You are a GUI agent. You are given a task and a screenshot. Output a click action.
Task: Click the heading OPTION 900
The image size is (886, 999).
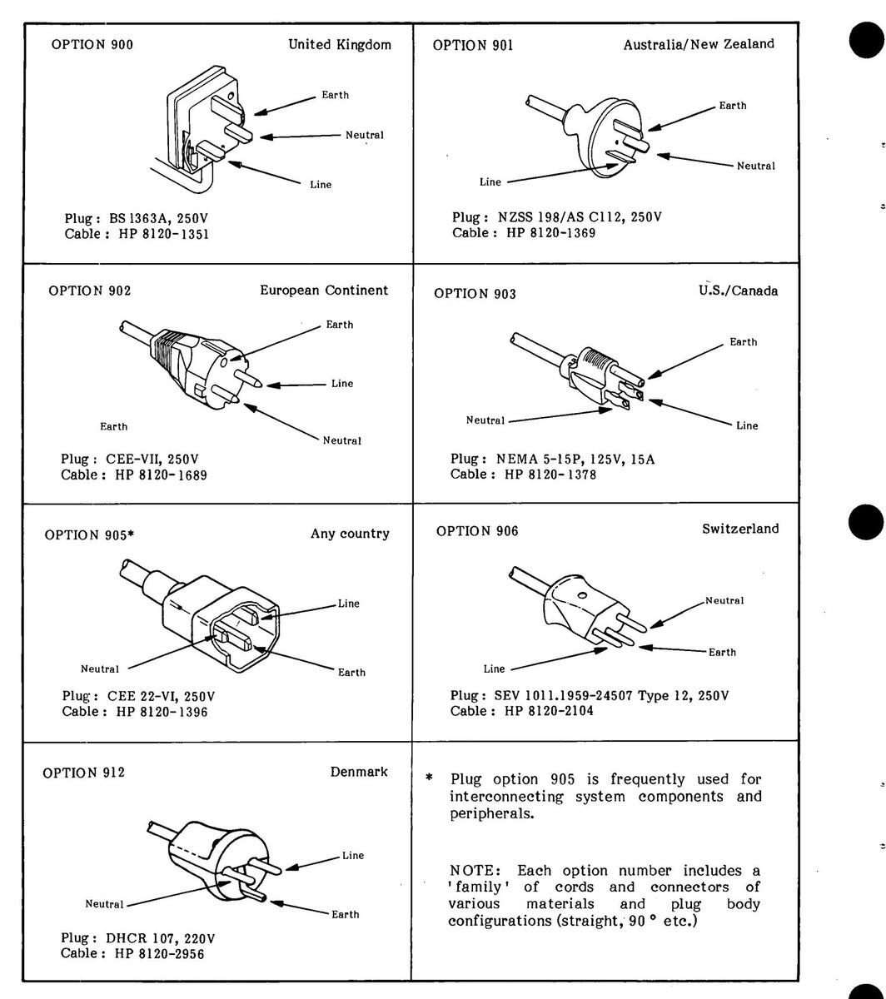click(92, 45)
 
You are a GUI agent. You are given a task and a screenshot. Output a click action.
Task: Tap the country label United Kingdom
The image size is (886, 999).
click(339, 44)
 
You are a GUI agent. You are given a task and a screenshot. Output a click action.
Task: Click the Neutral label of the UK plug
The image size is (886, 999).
click(365, 135)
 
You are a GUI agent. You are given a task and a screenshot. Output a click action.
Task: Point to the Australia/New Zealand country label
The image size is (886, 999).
click(699, 44)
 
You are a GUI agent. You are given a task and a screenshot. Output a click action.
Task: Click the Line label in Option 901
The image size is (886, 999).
click(490, 181)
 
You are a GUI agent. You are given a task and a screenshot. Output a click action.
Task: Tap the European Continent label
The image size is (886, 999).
click(324, 291)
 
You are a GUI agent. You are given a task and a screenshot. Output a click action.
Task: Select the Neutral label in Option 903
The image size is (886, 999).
click(485, 420)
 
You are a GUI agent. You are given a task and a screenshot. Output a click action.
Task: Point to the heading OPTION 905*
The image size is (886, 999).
click(89, 534)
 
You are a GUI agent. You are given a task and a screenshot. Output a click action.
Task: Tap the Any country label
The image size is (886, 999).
click(350, 534)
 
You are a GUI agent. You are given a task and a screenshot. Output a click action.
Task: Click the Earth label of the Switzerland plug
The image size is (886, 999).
click(722, 652)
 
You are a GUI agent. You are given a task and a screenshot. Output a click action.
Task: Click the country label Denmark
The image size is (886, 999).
click(359, 772)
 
